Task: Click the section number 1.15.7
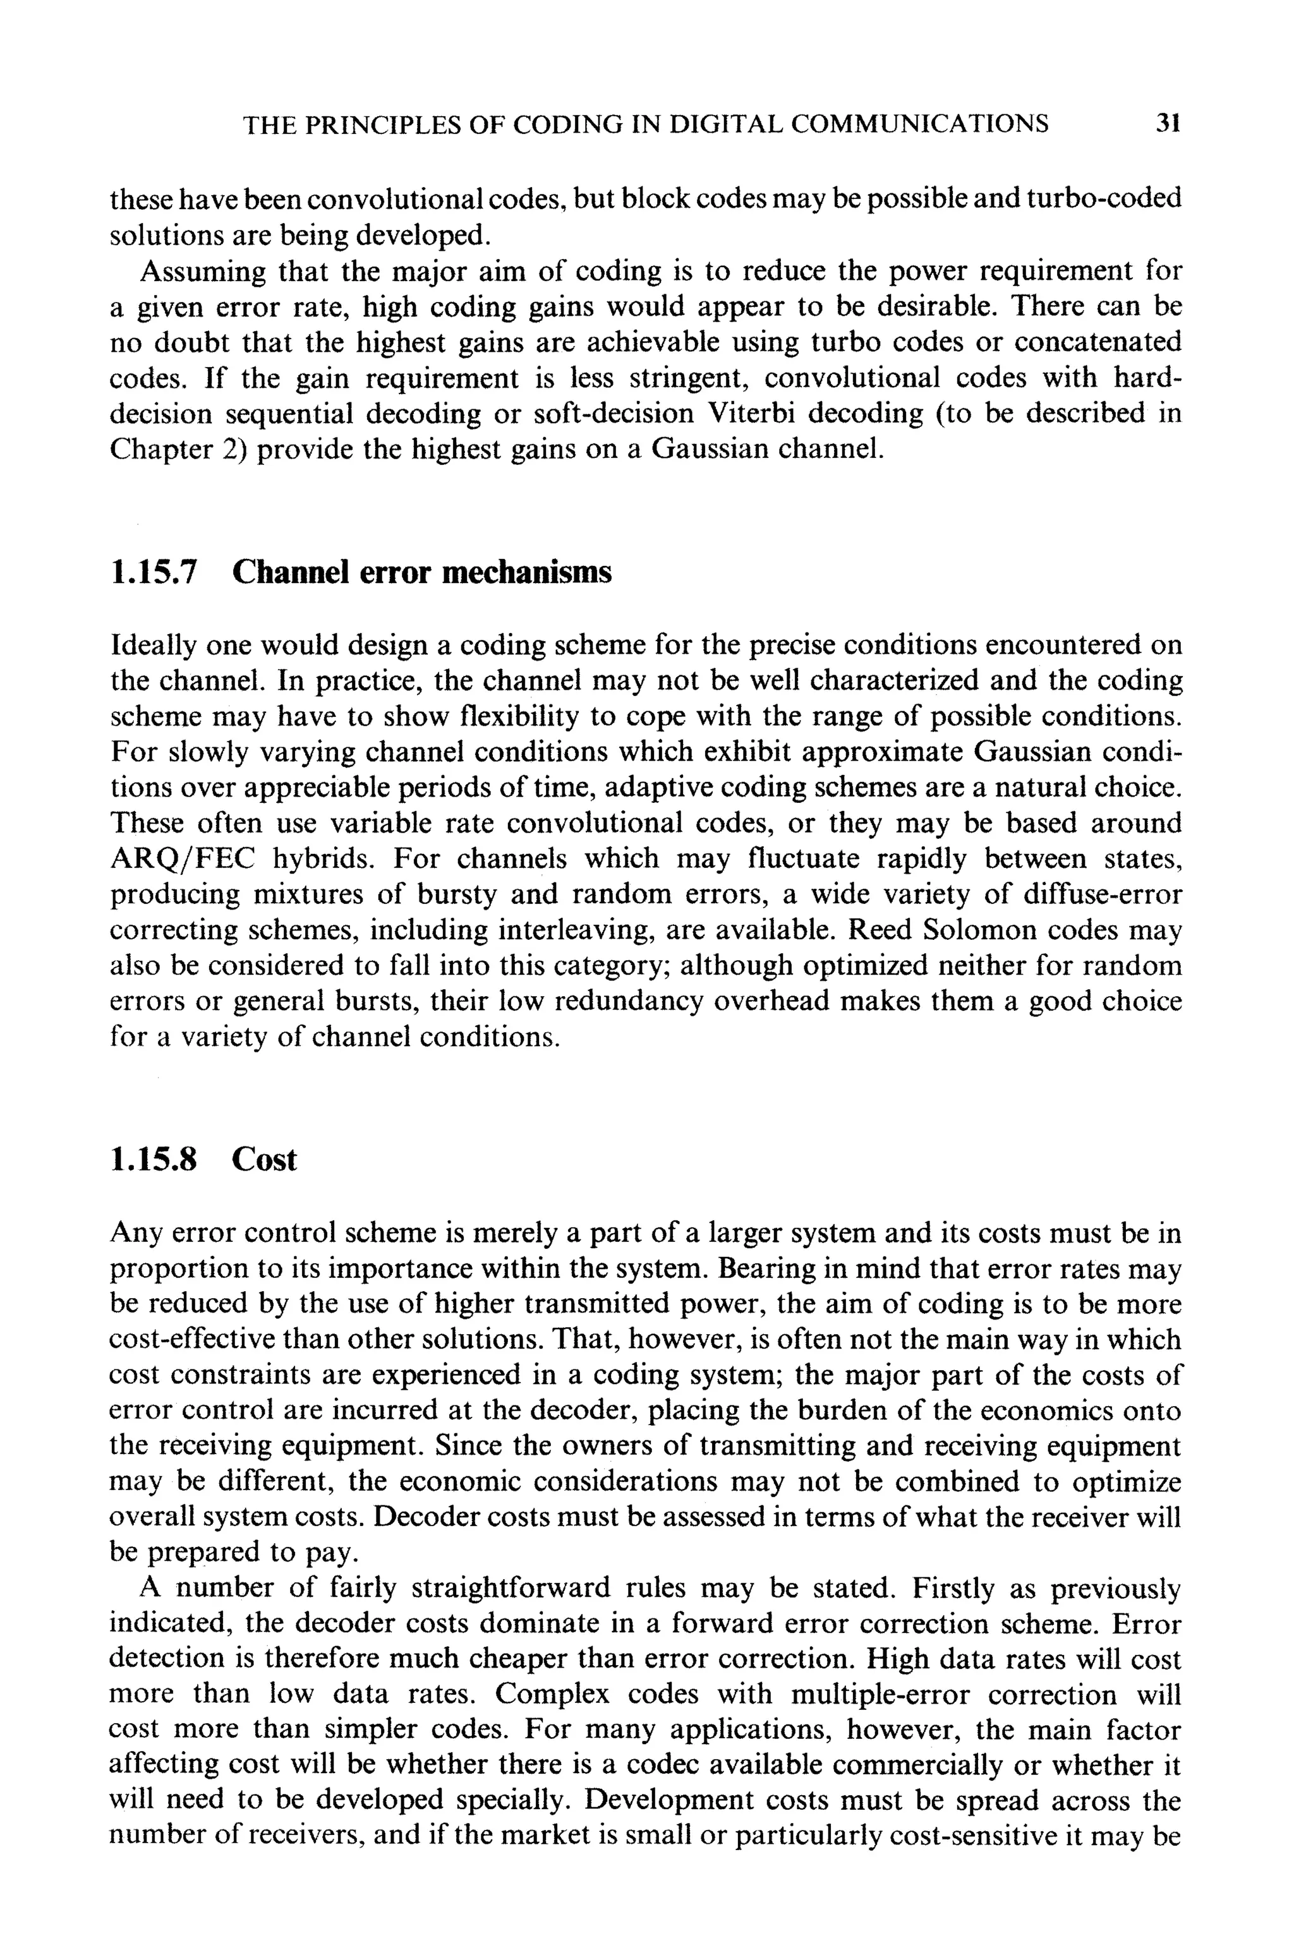tap(154, 572)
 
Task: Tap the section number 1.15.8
tap(154, 1159)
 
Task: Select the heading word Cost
tap(263, 1159)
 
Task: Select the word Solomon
tap(979, 930)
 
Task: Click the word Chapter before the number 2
tap(157, 450)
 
